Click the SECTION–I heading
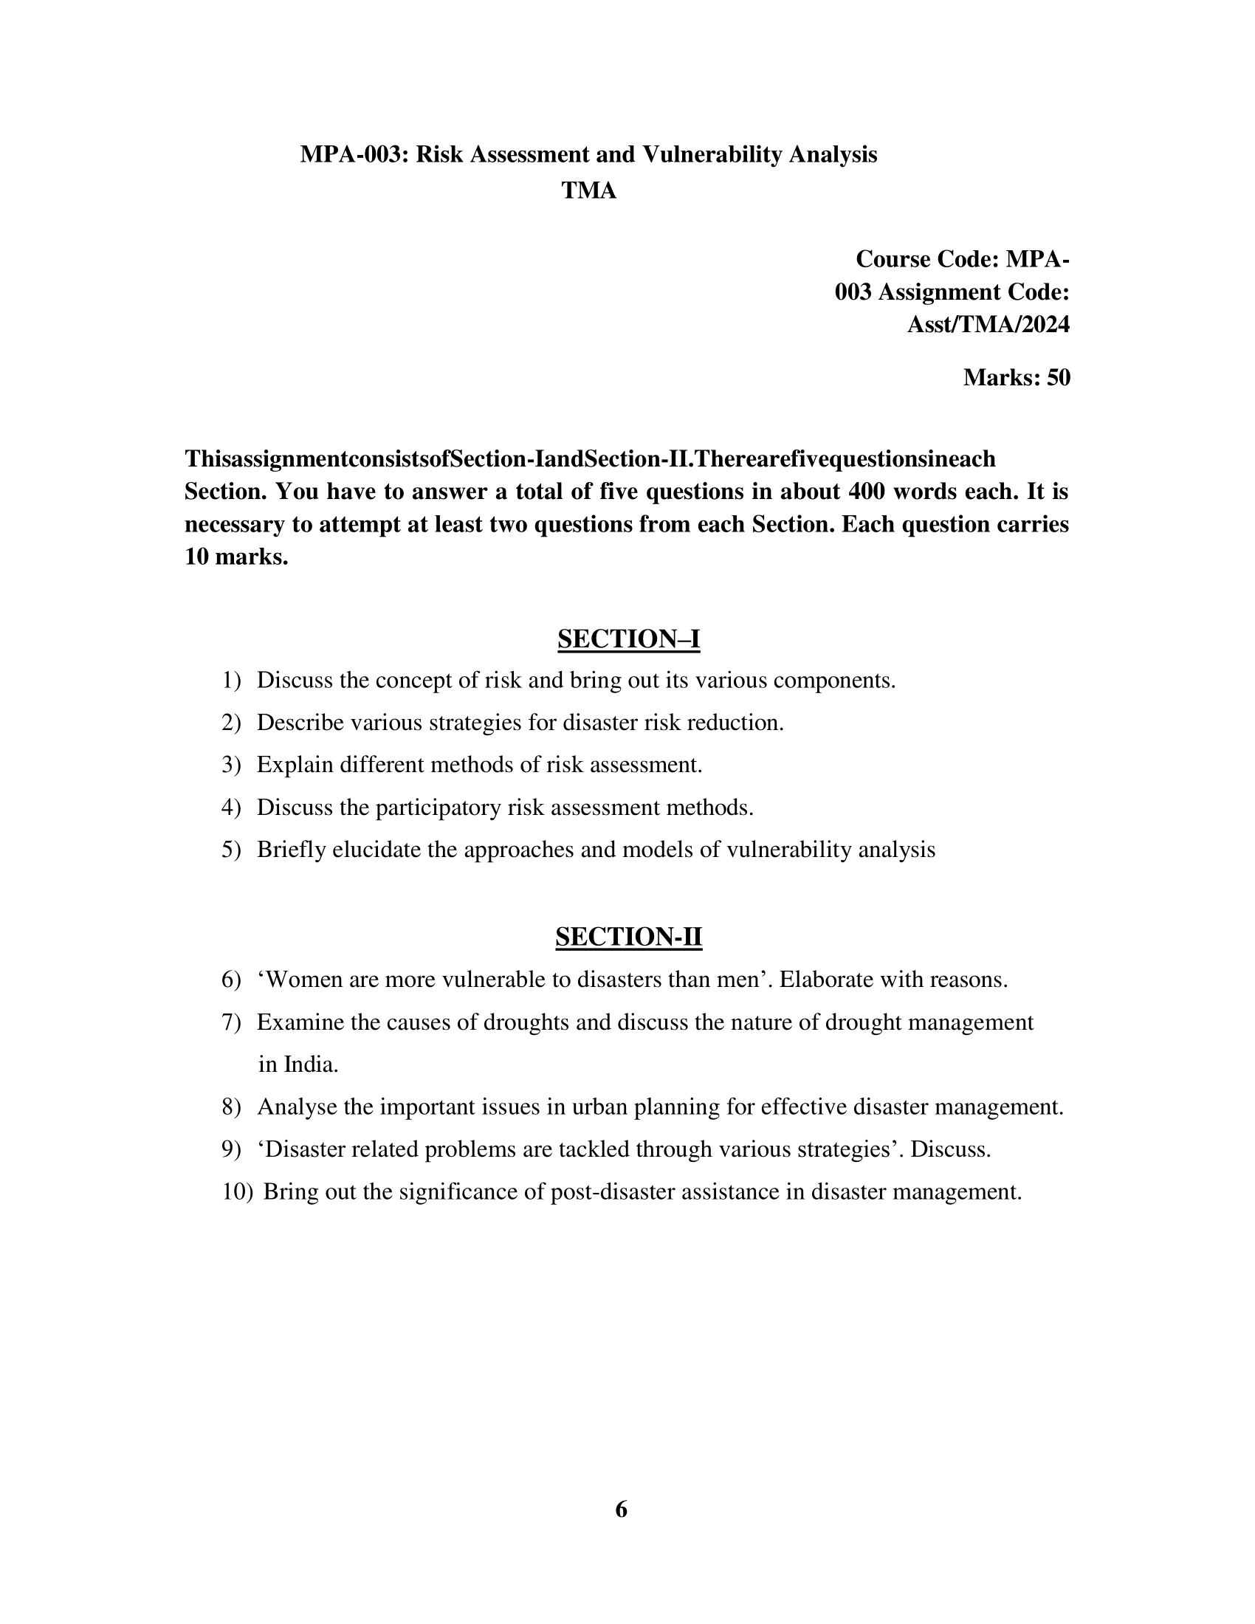tap(628, 639)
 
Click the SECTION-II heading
tap(628, 937)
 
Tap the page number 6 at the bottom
tap(622, 1509)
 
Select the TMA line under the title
tap(589, 191)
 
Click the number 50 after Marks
tap(1059, 378)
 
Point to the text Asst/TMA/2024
tap(988, 325)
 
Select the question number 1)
tap(231, 681)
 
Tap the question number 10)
tap(237, 1192)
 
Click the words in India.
tap(298, 1064)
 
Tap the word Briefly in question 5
tap(292, 850)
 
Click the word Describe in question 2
tap(300, 723)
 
